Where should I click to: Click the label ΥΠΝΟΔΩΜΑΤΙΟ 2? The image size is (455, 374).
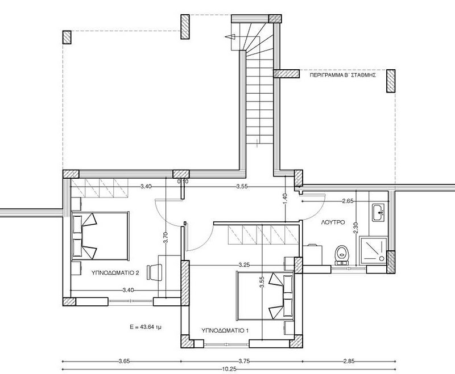pyautogui.click(x=115, y=272)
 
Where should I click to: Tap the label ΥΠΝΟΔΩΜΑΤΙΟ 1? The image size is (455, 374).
pyautogui.click(x=225, y=330)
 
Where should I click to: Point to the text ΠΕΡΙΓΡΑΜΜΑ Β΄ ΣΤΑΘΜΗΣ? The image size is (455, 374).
pyautogui.click(x=343, y=75)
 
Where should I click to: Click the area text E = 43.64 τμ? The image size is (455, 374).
pyautogui.click(x=146, y=327)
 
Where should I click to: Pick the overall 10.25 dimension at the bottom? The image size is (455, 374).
pyautogui.click(x=229, y=369)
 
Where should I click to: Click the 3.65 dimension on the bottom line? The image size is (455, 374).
pyautogui.click(x=124, y=361)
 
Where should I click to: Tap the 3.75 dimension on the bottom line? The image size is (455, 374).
pyautogui.click(x=245, y=361)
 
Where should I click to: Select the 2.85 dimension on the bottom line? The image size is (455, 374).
pyautogui.click(x=349, y=361)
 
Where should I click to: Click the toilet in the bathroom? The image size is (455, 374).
pyautogui.click(x=342, y=255)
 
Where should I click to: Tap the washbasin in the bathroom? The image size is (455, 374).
pyautogui.click(x=378, y=212)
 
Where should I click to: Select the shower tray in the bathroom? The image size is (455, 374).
pyautogui.click(x=373, y=251)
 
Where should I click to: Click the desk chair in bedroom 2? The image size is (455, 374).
pyautogui.click(x=155, y=272)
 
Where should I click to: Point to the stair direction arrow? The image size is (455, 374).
pyautogui.click(x=230, y=37)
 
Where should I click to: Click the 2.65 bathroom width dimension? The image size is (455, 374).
pyautogui.click(x=348, y=201)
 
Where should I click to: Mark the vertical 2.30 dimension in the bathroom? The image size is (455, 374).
pyautogui.click(x=357, y=228)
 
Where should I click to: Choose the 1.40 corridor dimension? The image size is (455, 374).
pyautogui.click(x=285, y=199)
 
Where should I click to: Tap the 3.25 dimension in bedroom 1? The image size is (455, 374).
pyautogui.click(x=245, y=264)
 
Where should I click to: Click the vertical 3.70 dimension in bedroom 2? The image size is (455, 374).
pyautogui.click(x=166, y=237)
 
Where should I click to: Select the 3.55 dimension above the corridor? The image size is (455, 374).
pyautogui.click(x=242, y=186)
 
